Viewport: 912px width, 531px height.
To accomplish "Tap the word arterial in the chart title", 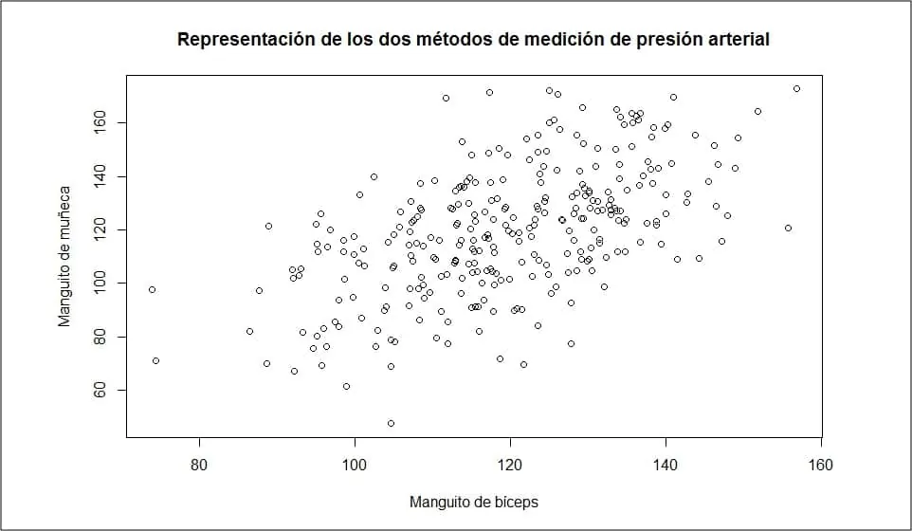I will point(732,40).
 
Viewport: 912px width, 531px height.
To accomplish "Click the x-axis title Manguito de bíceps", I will point(474,501).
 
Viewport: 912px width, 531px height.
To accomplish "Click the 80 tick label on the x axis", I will point(199,466).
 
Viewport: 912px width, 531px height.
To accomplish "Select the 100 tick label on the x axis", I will point(355,466).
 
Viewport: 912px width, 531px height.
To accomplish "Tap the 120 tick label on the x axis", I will point(510,466).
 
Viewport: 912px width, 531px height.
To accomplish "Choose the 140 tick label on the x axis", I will point(666,466).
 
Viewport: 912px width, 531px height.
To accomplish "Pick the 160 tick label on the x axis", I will point(821,466).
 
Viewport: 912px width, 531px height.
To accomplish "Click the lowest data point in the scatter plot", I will point(391,423).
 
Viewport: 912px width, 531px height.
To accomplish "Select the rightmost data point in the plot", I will point(796,88).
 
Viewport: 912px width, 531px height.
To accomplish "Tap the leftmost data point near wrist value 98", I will point(152,289).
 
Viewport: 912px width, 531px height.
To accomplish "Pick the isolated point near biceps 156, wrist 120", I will point(788,228).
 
